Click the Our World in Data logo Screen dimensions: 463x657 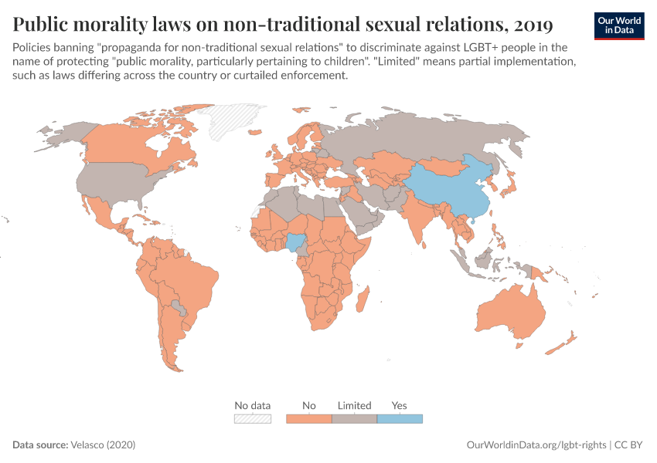[618, 25]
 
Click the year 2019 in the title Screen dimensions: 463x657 [529, 25]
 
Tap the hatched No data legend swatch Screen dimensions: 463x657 [253, 419]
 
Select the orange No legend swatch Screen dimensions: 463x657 [309, 419]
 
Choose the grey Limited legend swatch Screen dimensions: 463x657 [354, 419]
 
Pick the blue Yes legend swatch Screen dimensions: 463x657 [400, 419]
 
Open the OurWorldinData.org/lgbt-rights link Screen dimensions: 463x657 [536, 445]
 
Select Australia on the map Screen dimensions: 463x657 [510, 313]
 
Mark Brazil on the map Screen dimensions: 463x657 [189, 274]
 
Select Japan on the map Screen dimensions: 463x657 [508, 186]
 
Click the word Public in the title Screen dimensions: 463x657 [43, 25]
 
